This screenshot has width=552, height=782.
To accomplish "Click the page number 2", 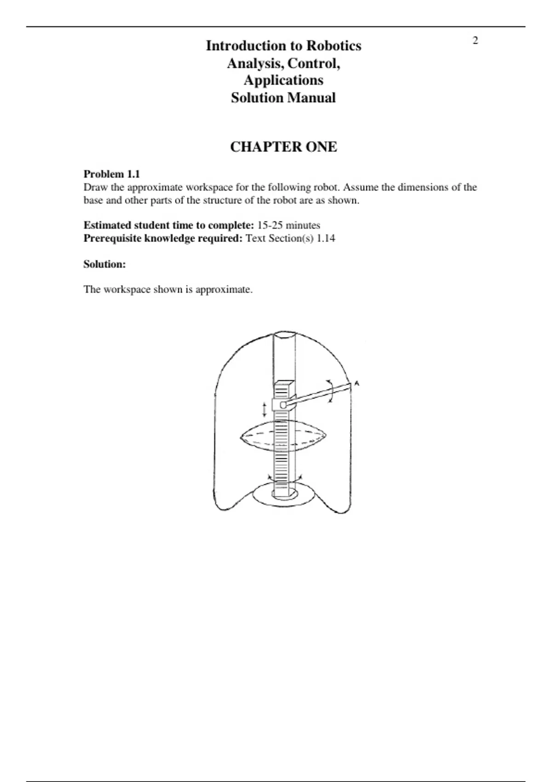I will click(x=475, y=40).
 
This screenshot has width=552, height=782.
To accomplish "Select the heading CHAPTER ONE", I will click(x=283, y=147).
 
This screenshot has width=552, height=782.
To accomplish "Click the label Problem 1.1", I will click(x=111, y=174).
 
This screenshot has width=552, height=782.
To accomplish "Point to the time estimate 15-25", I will click(x=270, y=225).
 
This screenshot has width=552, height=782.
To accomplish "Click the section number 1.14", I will click(x=326, y=238).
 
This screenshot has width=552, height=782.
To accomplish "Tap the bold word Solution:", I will click(x=104, y=264).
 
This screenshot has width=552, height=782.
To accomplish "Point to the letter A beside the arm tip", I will click(x=357, y=384).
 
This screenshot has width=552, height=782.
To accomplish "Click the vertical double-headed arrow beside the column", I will click(x=264, y=409).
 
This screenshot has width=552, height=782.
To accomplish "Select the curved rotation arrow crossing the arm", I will click(x=330, y=391).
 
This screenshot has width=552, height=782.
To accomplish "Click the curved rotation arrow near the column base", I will click(x=284, y=480).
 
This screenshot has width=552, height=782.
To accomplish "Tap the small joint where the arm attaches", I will click(x=283, y=405).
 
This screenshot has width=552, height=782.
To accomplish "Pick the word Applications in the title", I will click(x=283, y=80).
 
